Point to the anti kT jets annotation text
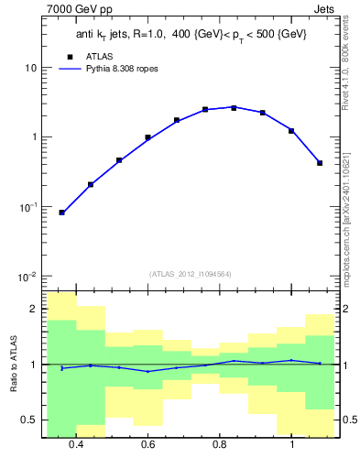pyautogui.click(x=191, y=34)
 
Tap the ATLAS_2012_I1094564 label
pyautogui.click(x=190, y=273)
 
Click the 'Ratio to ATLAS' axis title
pyautogui.click(x=14, y=365)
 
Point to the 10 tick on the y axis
pyautogui.click(x=30, y=69)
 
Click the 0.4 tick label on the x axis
pyautogui.click(x=76, y=445)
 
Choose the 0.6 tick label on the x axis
pyautogui.click(x=147, y=445)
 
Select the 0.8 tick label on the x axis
pyautogui.click(x=220, y=445)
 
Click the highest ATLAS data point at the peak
pyautogui.click(x=234, y=108)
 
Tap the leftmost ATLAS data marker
pyautogui.click(x=61, y=213)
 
